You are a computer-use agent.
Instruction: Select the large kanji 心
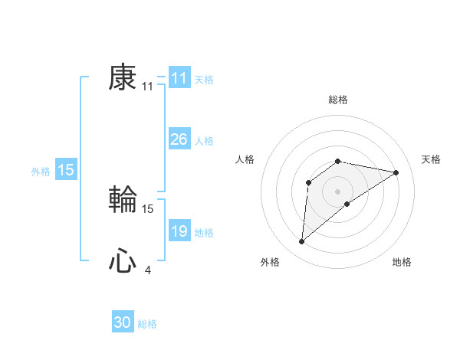pyautogui.click(x=123, y=261)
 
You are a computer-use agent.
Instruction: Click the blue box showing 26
pyautogui.click(x=179, y=139)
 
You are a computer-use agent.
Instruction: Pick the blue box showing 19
pyautogui.click(x=179, y=231)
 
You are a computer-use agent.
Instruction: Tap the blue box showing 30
pyautogui.click(x=123, y=322)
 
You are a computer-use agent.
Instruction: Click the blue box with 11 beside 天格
pyautogui.click(x=179, y=78)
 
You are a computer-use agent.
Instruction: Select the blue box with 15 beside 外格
pyautogui.click(x=66, y=170)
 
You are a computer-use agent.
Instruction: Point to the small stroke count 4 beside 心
pyautogui.click(x=147, y=270)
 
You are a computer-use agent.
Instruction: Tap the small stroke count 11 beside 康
pyautogui.click(x=147, y=87)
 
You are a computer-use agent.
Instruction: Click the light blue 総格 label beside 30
pyautogui.click(x=147, y=324)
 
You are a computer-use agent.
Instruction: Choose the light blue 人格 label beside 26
pyautogui.click(x=204, y=141)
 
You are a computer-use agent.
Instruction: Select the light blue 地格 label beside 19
pyautogui.click(x=204, y=233)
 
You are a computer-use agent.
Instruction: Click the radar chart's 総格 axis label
pyautogui.click(x=338, y=100)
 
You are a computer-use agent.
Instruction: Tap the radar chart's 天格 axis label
pyautogui.click(x=431, y=159)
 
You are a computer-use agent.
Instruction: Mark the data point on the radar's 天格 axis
pyautogui.click(x=396, y=172)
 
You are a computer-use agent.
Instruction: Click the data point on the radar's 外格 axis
pyautogui.click(x=302, y=242)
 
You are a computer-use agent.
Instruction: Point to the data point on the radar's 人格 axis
pyautogui.click(x=308, y=182)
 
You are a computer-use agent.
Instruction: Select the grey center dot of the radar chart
pyautogui.click(x=338, y=191)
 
